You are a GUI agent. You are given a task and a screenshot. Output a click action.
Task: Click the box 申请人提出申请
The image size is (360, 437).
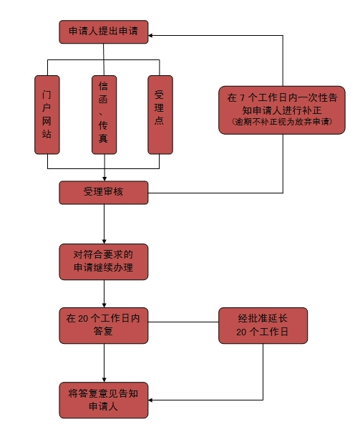104,32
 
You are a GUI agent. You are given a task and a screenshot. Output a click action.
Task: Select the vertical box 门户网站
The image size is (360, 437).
47,115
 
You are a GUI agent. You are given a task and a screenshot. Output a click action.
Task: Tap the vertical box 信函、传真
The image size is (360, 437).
104,115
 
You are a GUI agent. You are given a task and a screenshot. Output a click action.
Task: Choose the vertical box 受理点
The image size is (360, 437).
160,115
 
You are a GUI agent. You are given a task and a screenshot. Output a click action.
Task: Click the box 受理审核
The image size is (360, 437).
104,193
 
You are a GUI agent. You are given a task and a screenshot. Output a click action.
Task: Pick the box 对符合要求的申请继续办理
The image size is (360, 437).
104,261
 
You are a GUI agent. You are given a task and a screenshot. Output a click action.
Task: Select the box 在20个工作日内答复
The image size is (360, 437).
104,325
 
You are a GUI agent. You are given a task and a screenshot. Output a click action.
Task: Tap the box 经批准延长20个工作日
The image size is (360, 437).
263,325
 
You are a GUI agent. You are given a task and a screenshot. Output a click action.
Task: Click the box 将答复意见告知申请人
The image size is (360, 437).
104,400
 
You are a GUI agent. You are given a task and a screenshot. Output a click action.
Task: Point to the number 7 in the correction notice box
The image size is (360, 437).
243,98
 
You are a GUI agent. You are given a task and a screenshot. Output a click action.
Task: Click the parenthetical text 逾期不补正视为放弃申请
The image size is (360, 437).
282,122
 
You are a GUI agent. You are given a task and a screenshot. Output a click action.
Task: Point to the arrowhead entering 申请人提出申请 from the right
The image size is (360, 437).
150,35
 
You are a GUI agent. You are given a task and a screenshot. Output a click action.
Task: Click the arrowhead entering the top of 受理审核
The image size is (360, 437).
104,178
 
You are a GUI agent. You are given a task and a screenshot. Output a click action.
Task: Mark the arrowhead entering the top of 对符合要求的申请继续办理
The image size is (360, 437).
104,241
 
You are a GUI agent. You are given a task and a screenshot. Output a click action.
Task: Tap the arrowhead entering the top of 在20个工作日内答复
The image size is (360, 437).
104,305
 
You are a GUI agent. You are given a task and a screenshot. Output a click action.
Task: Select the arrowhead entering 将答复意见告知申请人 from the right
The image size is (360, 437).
150,400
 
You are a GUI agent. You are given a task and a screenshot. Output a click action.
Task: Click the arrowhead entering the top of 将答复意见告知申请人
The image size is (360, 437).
104,380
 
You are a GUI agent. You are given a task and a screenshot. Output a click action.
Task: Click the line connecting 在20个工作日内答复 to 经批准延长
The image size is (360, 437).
183,322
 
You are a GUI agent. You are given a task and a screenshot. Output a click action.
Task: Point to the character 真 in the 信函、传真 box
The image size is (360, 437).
103,138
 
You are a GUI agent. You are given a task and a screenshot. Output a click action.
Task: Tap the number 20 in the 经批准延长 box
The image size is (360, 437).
241,332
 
